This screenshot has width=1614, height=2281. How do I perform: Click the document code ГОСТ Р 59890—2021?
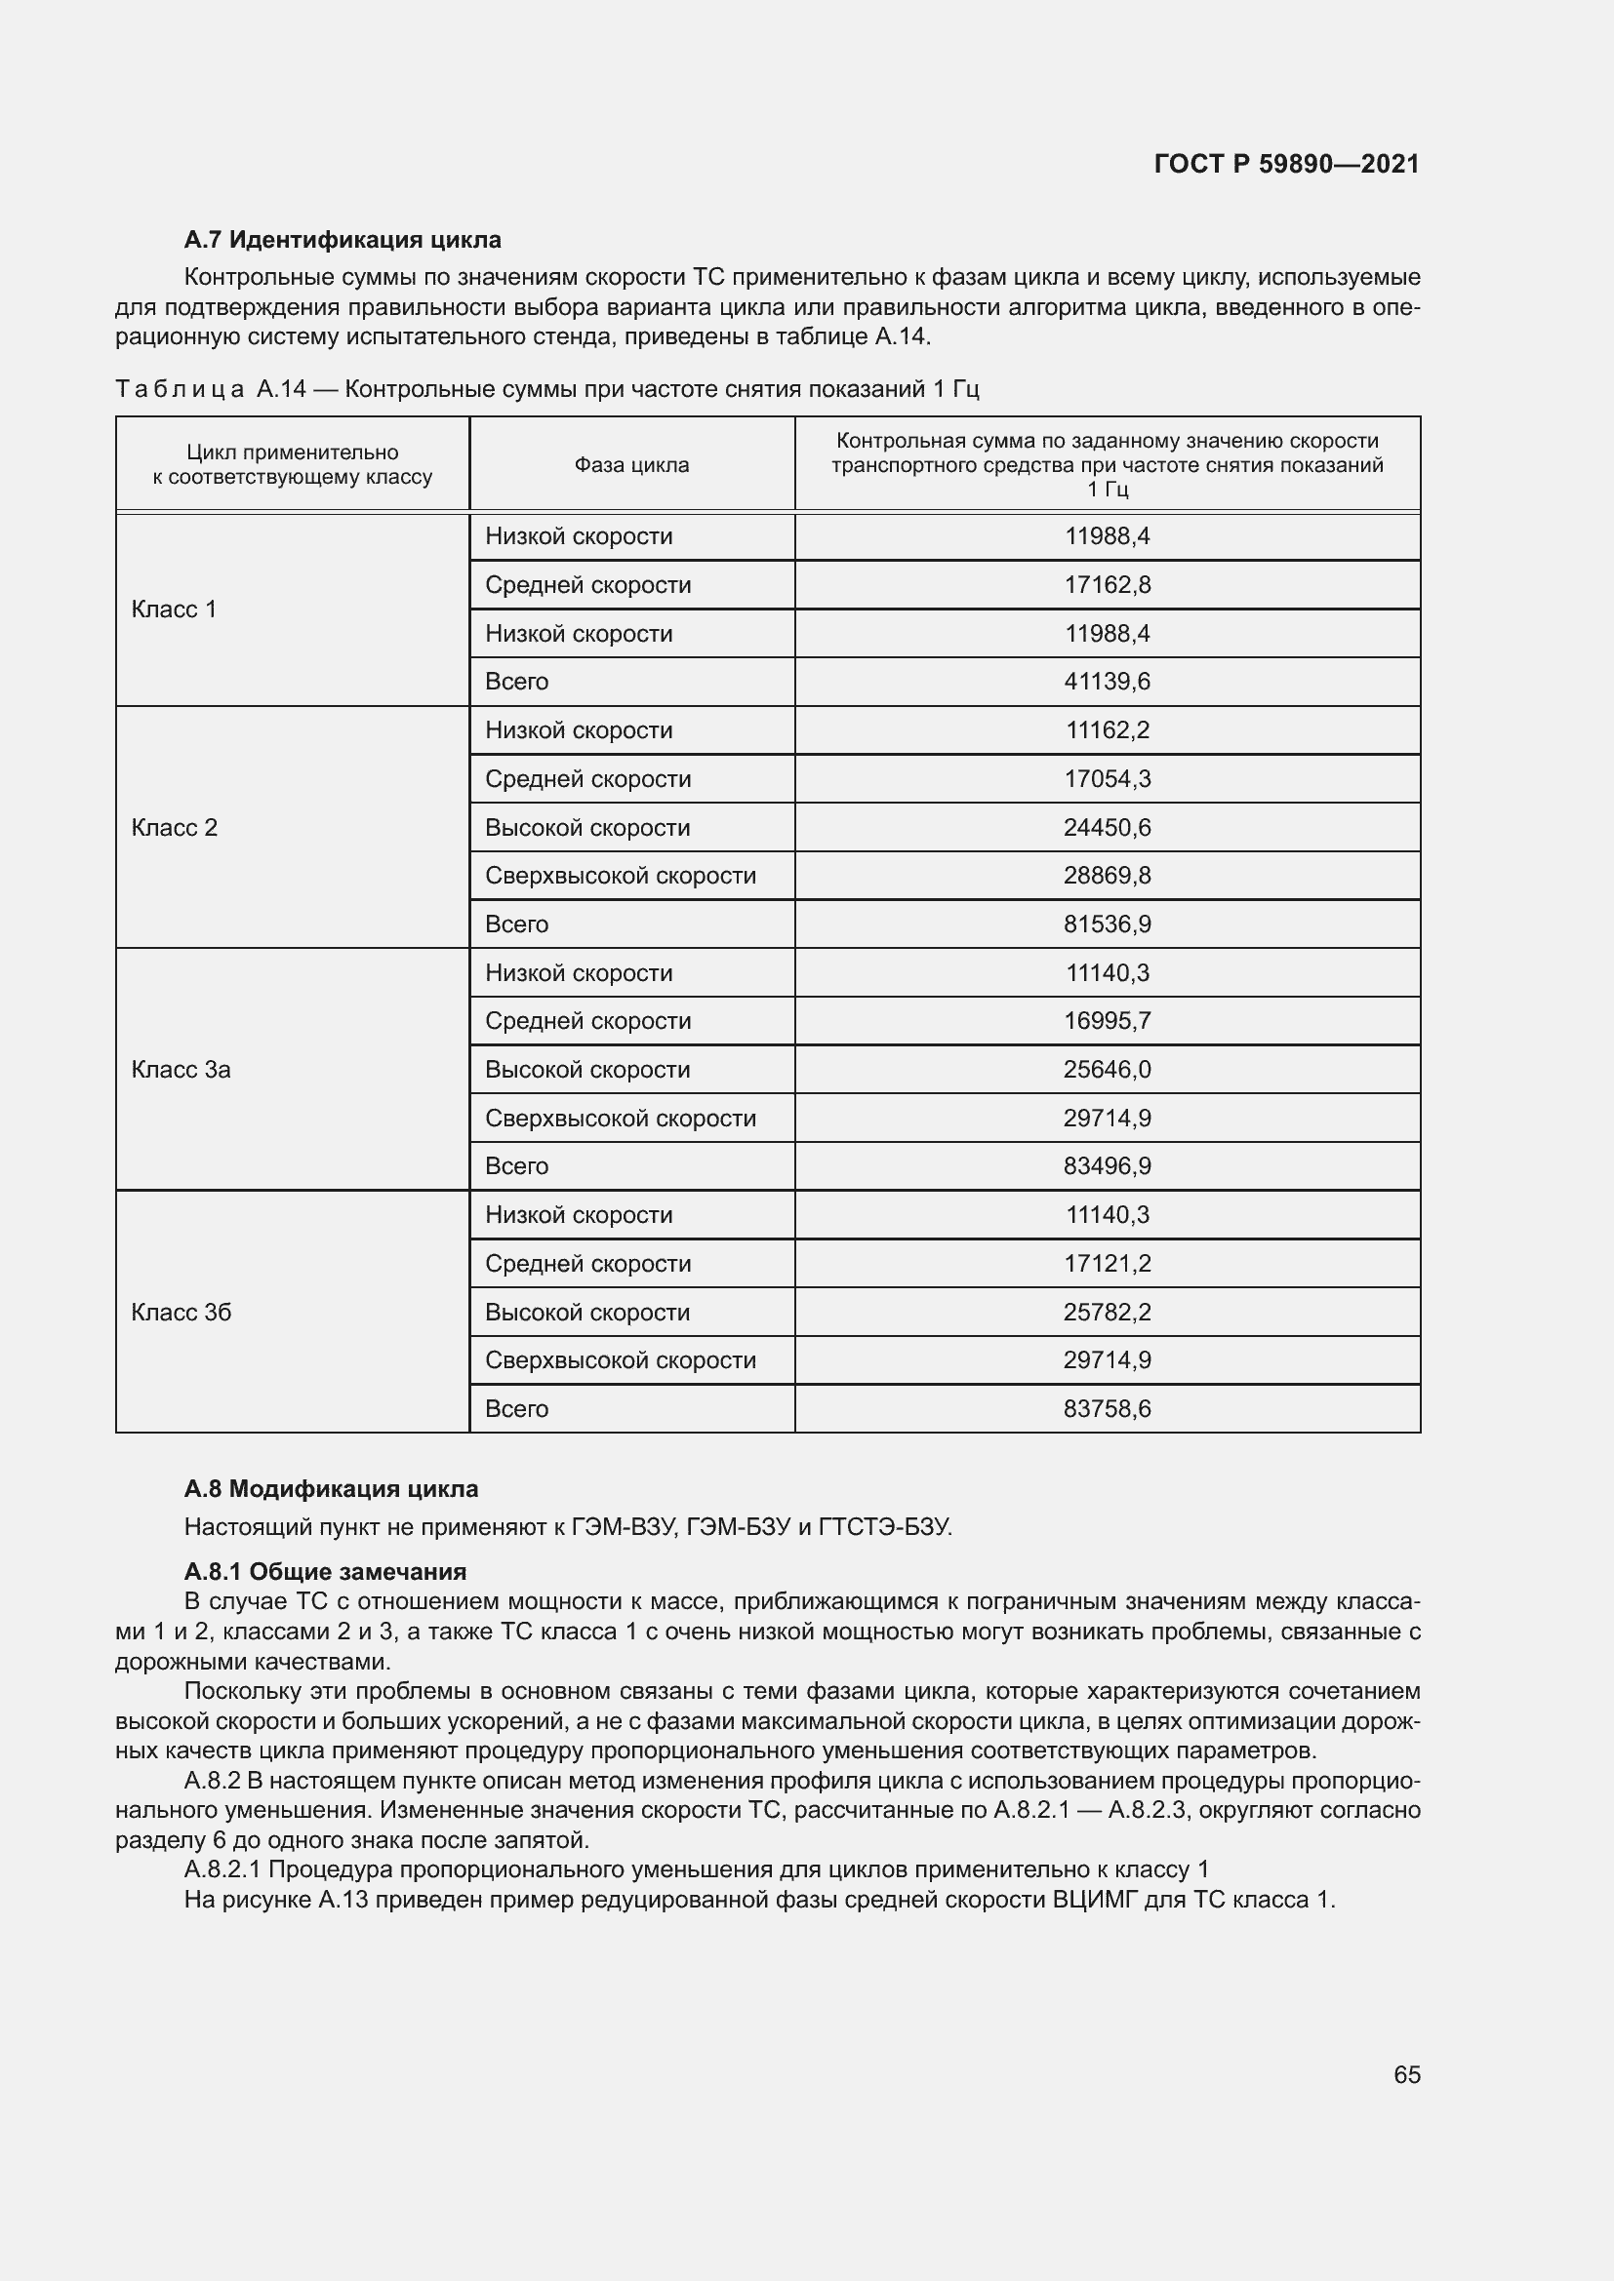click(x=1286, y=164)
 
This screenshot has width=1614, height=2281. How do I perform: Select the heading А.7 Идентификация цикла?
click(x=342, y=240)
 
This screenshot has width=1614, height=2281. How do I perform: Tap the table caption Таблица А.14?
click(x=546, y=388)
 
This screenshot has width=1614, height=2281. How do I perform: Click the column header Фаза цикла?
click(x=631, y=465)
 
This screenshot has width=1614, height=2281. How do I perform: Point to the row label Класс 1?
click(x=174, y=609)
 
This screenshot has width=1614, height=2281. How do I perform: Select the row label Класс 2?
click(x=174, y=828)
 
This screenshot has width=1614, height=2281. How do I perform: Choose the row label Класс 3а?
click(x=181, y=1070)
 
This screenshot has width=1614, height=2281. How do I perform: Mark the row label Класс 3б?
click(x=181, y=1313)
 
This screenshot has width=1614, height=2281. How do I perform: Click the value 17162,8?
click(x=1108, y=585)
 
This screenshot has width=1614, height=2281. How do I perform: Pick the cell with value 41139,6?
click(x=1108, y=682)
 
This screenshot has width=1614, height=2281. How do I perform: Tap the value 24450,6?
click(x=1108, y=828)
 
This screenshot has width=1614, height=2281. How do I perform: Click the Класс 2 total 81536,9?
click(x=1108, y=924)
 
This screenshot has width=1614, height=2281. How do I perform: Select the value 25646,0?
click(x=1108, y=1070)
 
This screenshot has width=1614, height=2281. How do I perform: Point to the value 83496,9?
click(x=1108, y=1166)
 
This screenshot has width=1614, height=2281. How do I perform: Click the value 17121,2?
click(x=1108, y=1264)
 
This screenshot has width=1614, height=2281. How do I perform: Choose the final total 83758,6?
click(x=1108, y=1409)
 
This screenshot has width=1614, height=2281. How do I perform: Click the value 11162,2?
click(x=1108, y=730)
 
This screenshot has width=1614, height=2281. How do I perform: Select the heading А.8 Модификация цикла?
click(x=331, y=1489)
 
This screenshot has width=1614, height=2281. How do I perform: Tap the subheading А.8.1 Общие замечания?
click(x=325, y=1572)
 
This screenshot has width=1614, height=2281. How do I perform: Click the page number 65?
click(x=1406, y=2074)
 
